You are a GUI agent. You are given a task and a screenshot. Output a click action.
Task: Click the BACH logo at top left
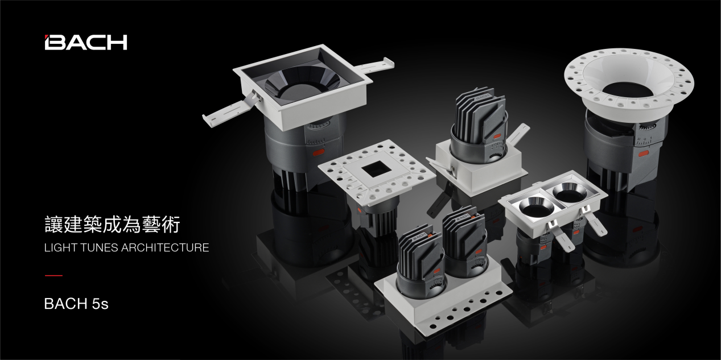point(86,42)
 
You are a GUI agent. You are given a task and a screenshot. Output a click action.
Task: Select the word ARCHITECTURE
point(165,248)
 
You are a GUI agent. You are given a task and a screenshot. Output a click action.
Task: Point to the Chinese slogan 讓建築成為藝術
point(112,224)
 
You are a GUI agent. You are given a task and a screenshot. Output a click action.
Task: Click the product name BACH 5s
point(76,303)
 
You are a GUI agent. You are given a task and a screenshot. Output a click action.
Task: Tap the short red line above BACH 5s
point(53,276)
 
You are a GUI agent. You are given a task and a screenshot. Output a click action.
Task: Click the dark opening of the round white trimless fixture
point(628,89)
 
